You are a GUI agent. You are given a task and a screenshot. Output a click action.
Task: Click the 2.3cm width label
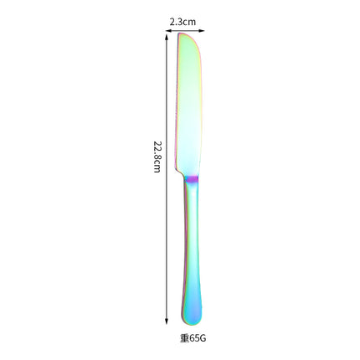(x=183, y=22)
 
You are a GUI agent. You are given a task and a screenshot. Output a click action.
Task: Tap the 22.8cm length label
(x=157, y=157)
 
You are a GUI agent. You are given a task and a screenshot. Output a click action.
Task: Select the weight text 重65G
(x=193, y=338)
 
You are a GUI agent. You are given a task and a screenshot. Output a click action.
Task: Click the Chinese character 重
(x=184, y=338)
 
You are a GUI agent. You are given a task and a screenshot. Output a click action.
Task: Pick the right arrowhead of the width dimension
(x=203, y=31)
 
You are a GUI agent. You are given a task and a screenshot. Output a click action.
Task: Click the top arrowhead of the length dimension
(x=167, y=37)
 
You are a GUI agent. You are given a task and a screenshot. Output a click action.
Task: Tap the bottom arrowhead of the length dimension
(x=167, y=321)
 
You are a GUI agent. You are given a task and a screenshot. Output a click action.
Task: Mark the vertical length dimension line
(x=167, y=179)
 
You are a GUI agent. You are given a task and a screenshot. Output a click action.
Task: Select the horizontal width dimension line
(x=185, y=31)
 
